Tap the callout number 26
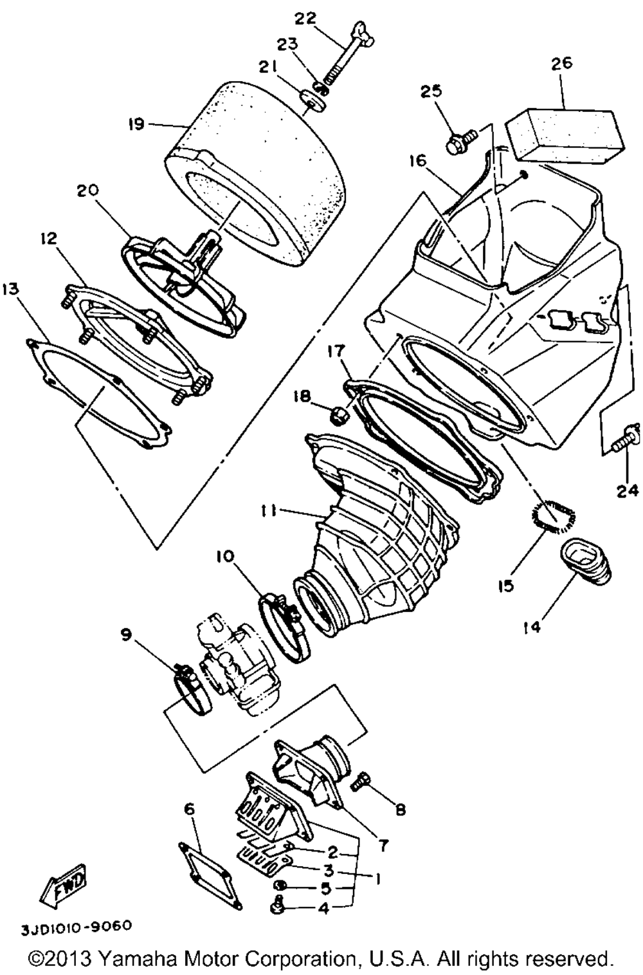[561, 64]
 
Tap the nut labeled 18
[337, 419]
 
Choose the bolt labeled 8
[361, 781]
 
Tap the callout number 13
[10, 288]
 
